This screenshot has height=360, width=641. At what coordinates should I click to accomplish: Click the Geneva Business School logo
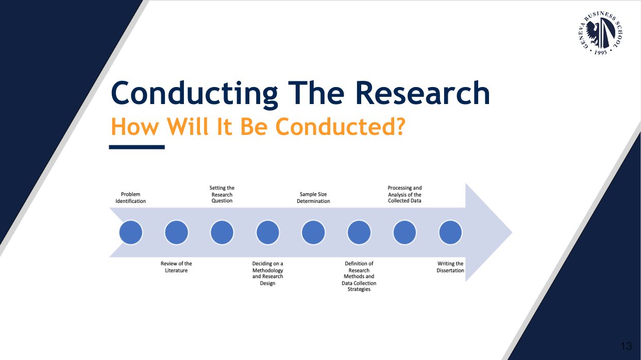(x=600, y=33)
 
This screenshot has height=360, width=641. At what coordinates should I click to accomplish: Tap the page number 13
(x=626, y=346)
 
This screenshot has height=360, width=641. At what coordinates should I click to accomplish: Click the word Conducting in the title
(x=194, y=94)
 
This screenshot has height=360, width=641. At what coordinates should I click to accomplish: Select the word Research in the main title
(x=423, y=93)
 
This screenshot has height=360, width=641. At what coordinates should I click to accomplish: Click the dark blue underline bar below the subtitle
(x=137, y=147)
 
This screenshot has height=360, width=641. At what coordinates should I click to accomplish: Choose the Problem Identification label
(x=130, y=198)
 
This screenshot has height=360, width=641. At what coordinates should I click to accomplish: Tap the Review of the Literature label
(x=176, y=267)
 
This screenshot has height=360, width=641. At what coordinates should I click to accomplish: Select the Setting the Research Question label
(x=222, y=194)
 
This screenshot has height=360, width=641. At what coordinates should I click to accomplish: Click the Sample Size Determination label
(x=313, y=198)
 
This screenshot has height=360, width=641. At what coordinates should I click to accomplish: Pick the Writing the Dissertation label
(x=450, y=267)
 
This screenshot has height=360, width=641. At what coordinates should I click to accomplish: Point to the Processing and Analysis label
(x=404, y=194)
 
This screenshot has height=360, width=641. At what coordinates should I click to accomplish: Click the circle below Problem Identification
(x=131, y=232)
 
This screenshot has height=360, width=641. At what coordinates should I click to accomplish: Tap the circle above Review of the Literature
(x=176, y=232)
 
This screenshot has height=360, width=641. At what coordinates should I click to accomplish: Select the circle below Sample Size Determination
(x=313, y=232)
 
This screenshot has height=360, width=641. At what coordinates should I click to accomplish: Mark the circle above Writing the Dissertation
(x=450, y=232)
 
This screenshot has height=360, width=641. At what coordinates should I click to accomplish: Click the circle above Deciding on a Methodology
(x=267, y=232)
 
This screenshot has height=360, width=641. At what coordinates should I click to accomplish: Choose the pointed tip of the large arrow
(x=512, y=232)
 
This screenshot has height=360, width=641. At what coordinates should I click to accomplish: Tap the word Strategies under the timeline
(x=359, y=289)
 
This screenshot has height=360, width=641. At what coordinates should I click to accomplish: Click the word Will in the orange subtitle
(x=188, y=126)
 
